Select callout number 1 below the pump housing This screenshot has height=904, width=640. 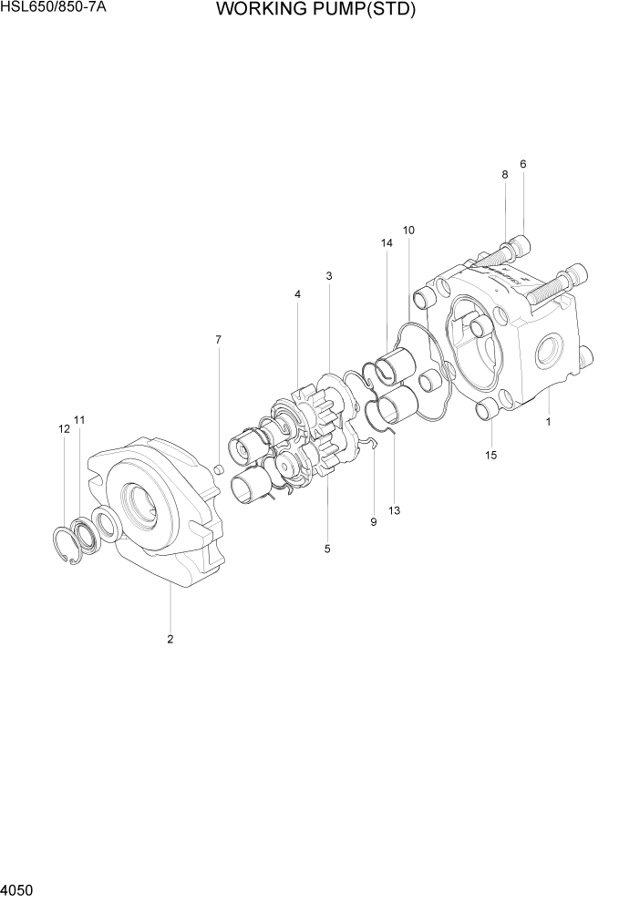[548, 422]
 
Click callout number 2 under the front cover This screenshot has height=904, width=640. [170, 639]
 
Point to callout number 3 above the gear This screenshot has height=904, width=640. [328, 276]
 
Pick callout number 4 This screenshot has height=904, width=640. [297, 294]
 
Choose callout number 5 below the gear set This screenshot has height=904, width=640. [327, 549]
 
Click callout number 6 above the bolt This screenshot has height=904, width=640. [523, 164]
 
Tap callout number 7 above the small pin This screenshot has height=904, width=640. [218, 340]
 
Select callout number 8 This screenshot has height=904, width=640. [504, 174]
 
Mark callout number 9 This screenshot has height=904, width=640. [373, 522]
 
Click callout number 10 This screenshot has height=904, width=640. [408, 231]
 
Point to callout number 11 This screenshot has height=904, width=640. [79, 420]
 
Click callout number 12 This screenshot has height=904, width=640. [64, 428]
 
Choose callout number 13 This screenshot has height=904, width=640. [395, 510]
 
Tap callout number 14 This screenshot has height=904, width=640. [387, 243]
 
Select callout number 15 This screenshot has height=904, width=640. [491, 455]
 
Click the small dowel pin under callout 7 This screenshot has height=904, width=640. [219, 469]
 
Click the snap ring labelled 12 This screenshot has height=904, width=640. [66, 547]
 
